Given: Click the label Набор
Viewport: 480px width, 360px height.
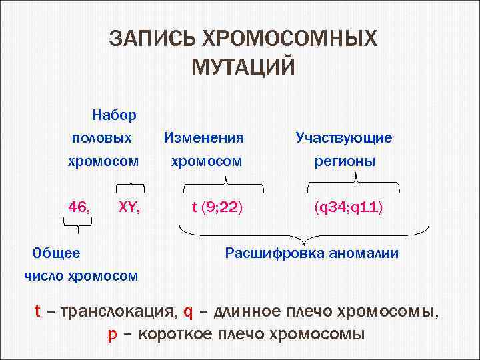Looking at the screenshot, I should click(x=115, y=115).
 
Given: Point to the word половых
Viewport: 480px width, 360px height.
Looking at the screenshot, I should click(x=102, y=138).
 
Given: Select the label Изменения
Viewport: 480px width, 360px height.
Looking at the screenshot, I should click(x=204, y=138).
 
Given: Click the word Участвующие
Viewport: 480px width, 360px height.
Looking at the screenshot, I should click(x=344, y=138).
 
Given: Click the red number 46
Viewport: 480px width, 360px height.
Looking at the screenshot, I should click(x=80, y=207).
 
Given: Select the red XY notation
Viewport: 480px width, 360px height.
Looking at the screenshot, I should click(x=129, y=207).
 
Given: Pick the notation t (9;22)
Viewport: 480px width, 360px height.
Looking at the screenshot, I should click(x=217, y=208).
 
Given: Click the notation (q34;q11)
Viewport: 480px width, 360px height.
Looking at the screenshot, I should click(x=349, y=208).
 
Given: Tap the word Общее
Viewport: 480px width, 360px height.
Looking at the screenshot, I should click(x=57, y=253).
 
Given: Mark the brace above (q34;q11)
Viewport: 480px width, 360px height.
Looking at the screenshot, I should click(x=358, y=182).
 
